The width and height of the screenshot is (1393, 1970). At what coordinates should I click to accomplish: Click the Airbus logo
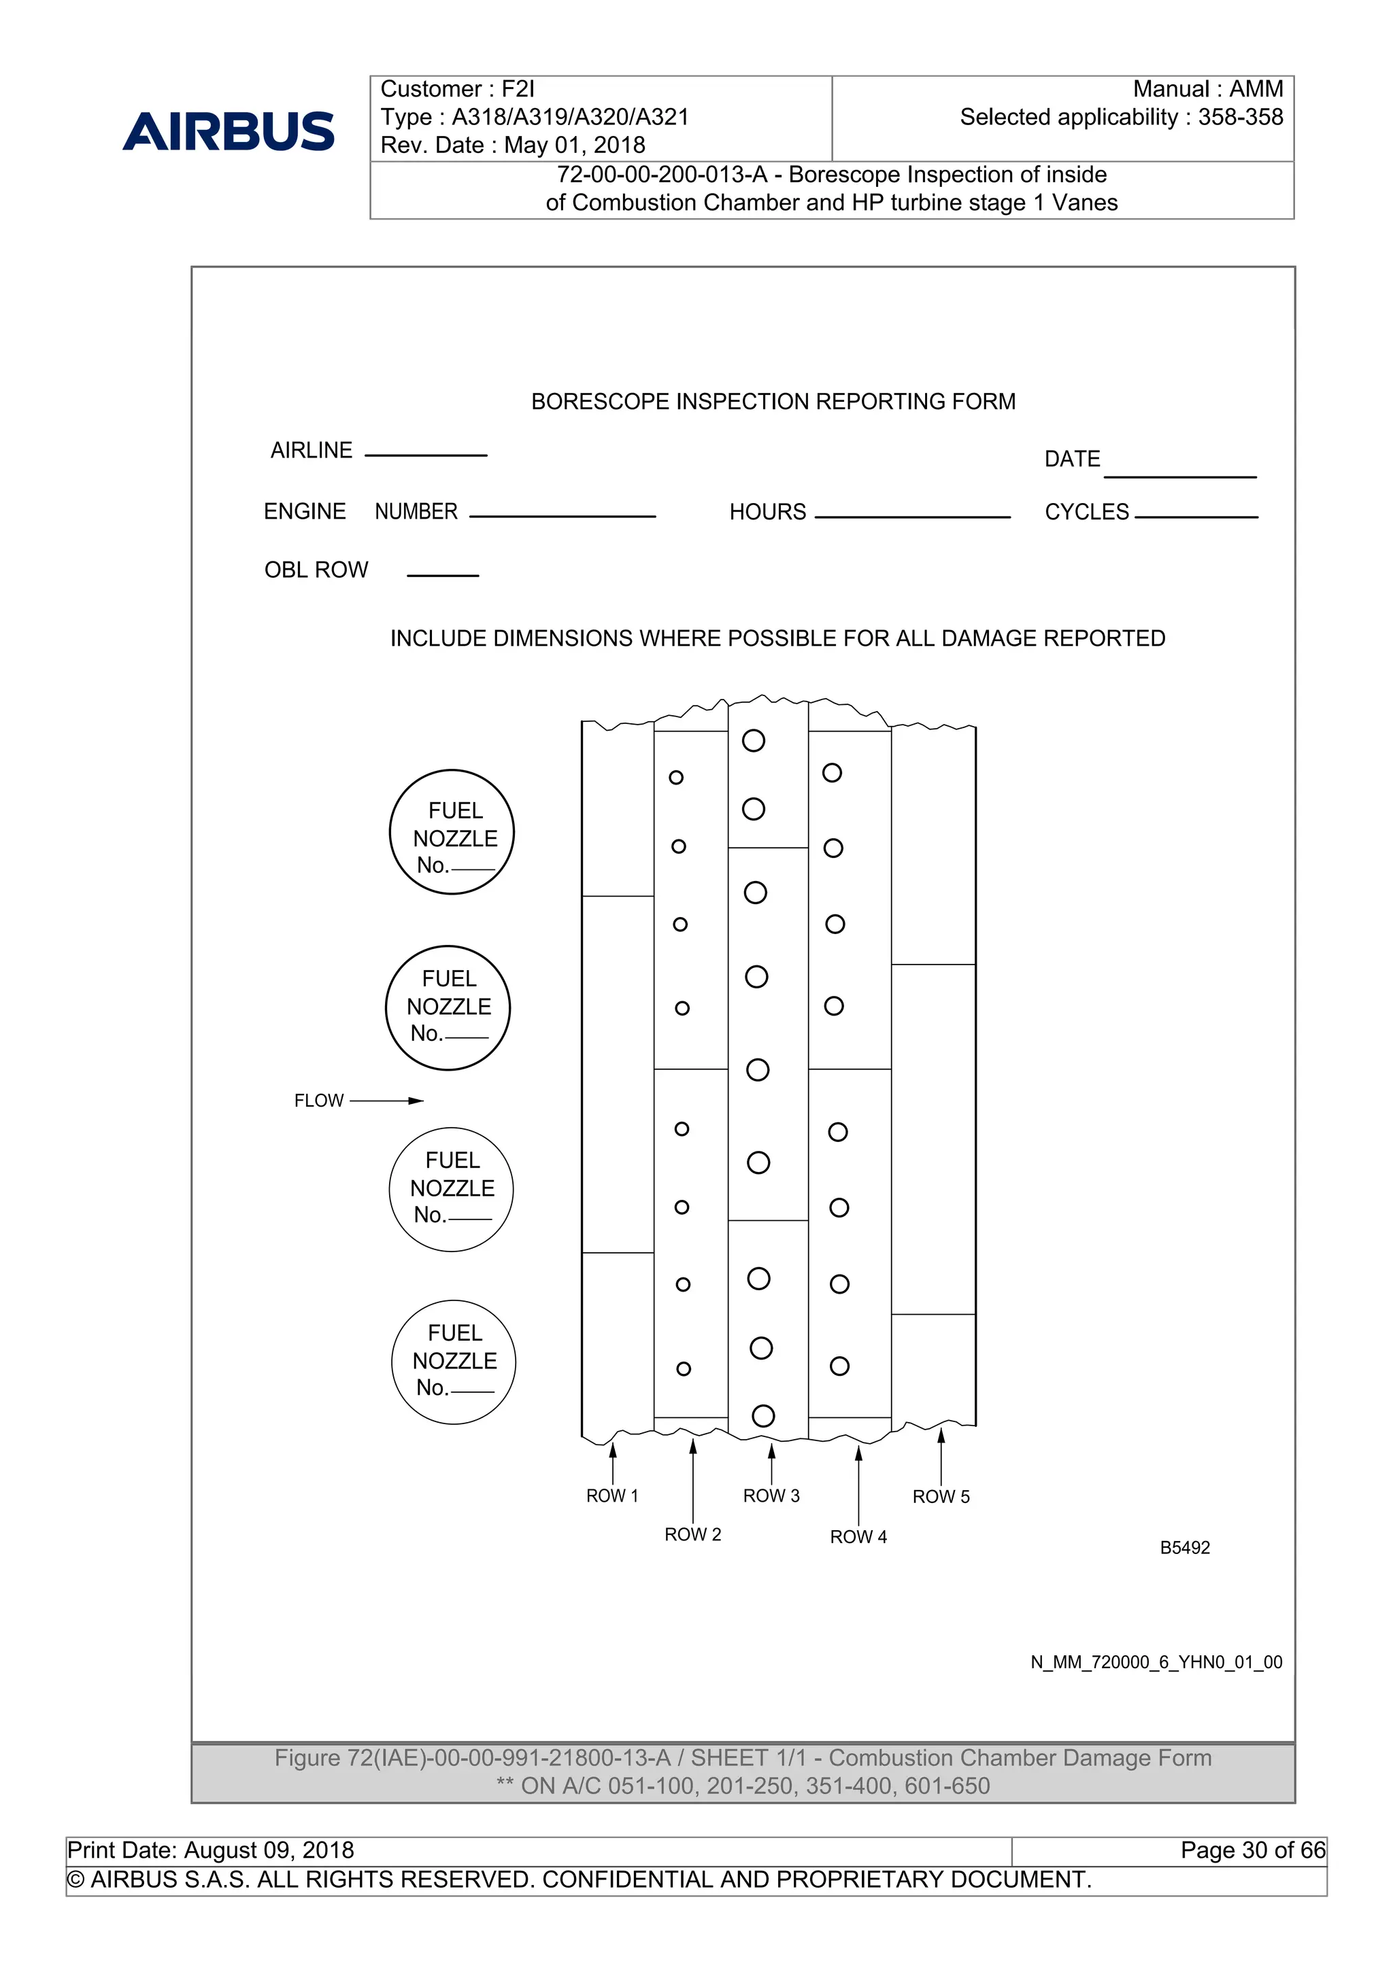click(x=229, y=131)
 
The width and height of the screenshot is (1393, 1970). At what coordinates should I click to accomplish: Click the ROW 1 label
click(x=612, y=1496)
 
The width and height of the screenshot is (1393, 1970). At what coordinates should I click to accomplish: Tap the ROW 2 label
click(x=692, y=1534)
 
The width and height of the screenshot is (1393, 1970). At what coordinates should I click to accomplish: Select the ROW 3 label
click(x=771, y=1496)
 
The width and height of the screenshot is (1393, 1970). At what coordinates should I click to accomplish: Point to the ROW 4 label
click(x=858, y=1537)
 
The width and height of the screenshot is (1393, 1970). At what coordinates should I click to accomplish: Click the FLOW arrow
click(x=386, y=1101)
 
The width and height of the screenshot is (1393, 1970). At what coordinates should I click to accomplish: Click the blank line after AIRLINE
click(x=426, y=454)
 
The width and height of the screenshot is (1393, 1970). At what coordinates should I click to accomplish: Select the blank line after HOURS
click(x=912, y=517)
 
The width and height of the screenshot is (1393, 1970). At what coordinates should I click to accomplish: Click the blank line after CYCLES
click(x=1196, y=517)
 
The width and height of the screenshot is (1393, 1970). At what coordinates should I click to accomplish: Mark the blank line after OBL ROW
click(x=443, y=575)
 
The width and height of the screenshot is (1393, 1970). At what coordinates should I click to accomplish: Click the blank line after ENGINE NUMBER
click(x=563, y=516)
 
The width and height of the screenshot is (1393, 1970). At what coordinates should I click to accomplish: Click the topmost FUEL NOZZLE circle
click(x=452, y=832)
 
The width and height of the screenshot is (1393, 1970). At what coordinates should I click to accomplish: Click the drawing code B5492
click(x=1184, y=1548)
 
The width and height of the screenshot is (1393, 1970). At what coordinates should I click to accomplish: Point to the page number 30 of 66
click(x=1253, y=1850)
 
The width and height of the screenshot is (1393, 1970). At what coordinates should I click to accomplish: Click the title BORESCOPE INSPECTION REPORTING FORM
click(x=773, y=402)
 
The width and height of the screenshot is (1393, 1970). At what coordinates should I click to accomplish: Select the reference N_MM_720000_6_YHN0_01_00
click(x=1156, y=1662)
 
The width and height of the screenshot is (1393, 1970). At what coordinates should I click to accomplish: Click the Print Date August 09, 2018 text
click(x=211, y=1850)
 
